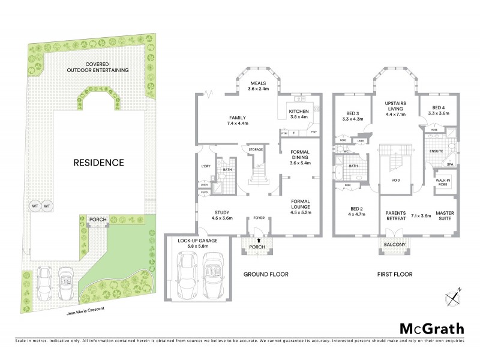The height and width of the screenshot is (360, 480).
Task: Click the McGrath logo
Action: click(431, 328)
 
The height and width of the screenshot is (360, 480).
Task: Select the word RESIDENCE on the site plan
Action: click(99, 162)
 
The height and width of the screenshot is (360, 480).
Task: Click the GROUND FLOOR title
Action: click(265, 274)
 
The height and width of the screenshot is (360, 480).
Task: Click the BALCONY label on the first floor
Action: click(395, 245)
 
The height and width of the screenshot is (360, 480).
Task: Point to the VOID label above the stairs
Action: click(395, 179)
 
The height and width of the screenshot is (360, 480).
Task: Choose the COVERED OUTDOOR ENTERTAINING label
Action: click(98, 67)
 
